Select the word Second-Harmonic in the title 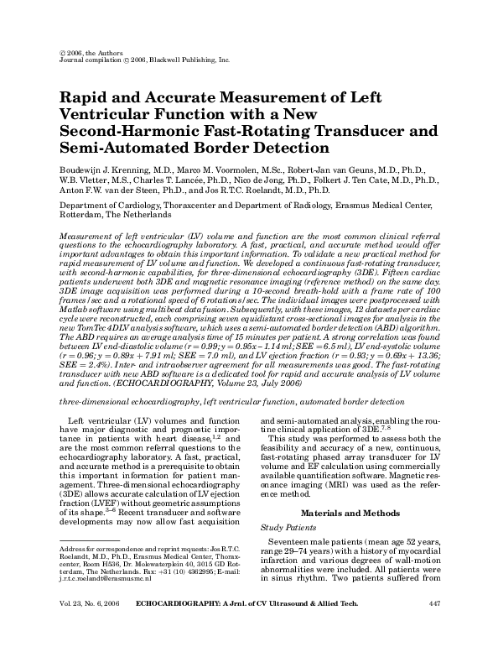point(125,131)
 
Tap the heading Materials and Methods point(357,513)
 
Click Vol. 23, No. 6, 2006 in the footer point(87,627)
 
